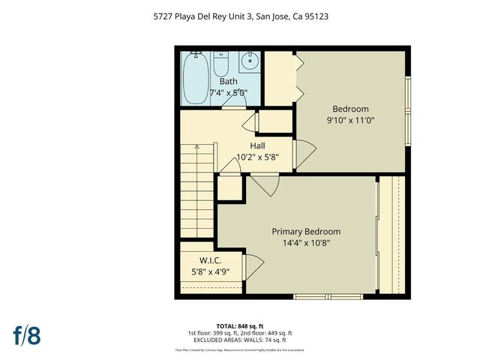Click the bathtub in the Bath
pos(197,76)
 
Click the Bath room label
pos(228,82)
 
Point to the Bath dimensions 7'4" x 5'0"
pos(228,93)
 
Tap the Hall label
pos(256,145)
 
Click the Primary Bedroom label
pos(306,232)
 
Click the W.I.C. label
pos(209,261)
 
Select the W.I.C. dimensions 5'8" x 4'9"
pos(209,272)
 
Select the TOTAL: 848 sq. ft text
pos(240,326)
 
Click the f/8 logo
pos(26,334)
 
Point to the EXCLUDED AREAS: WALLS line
pos(240,340)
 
